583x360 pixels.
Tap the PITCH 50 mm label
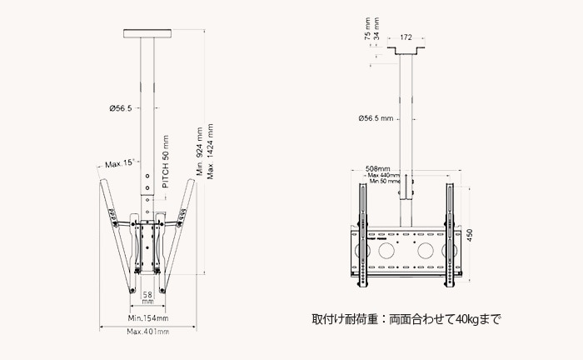[166, 162]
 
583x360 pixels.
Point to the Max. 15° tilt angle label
[117, 163]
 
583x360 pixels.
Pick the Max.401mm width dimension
[147, 332]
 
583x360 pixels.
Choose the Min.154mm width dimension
[147, 317]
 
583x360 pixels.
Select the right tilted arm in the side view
[179, 233]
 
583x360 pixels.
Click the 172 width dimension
[406, 37]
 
